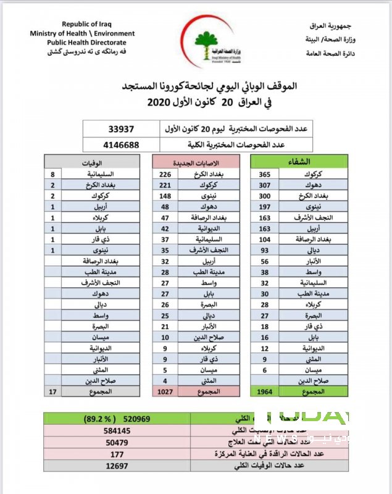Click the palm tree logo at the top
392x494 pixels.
click(206, 41)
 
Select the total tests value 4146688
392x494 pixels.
click(120, 146)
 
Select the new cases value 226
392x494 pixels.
click(165, 175)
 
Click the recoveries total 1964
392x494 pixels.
click(264, 391)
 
